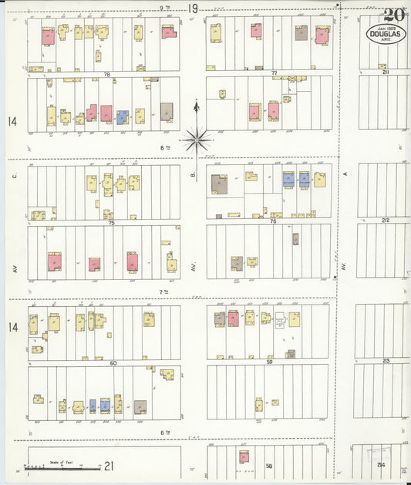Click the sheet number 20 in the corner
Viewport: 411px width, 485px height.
tap(394, 15)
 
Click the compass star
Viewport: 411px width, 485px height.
tap(197, 140)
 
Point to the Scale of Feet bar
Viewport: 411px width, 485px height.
tap(62, 467)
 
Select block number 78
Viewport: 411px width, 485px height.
tap(107, 74)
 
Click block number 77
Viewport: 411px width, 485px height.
tap(275, 72)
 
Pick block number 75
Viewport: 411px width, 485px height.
tap(111, 223)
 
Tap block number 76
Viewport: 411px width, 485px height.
tap(273, 221)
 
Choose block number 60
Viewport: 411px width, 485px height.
tap(113, 362)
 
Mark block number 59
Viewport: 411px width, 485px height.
tap(270, 361)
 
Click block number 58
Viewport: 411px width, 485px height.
tap(269, 466)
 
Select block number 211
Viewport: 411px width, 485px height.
tap(385, 72)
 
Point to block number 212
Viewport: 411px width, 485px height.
tap(385, 221)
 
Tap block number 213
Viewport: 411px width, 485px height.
tap(386, 360)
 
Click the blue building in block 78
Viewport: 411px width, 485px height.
tap(122, 116)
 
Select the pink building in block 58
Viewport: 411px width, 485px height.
tap(244, 456)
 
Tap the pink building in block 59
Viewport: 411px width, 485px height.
tap(232, 318)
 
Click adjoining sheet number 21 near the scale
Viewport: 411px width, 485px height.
tap(109, 465)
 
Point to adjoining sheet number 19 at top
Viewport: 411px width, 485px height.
tap(193, 8)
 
